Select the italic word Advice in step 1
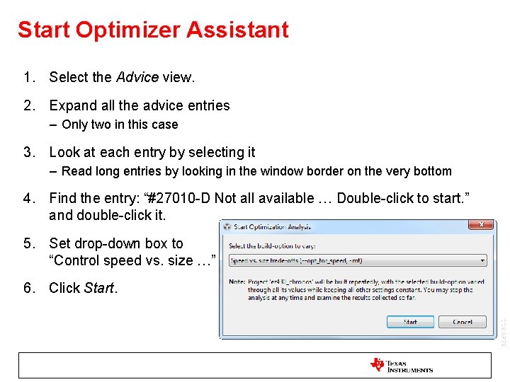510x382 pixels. point(137,77)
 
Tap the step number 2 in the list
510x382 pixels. point(28,105)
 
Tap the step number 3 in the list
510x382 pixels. point(28,152)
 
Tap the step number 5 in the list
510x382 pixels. point(28,243)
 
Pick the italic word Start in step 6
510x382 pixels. point(99,288)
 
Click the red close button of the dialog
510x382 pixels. point(482,226)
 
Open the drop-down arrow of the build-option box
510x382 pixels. point(482,260)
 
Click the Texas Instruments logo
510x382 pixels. point(402,365)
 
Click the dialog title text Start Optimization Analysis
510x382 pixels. point(272,227)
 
